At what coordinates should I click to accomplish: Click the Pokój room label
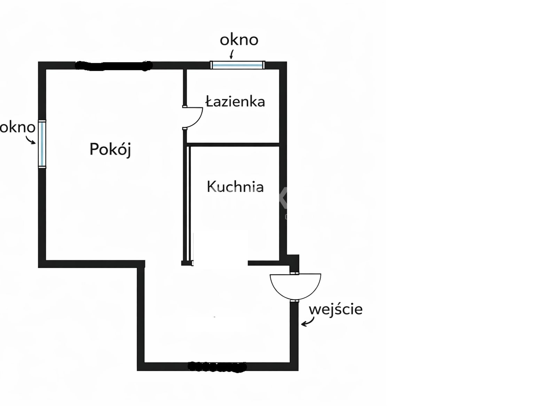point(110,150)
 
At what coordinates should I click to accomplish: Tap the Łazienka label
point(235,101)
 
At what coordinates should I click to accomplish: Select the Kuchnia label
point(235,187)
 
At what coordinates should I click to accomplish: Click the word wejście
point(336,309)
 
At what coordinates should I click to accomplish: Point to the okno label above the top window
point(239,40)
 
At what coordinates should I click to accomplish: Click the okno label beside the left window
point(17,127)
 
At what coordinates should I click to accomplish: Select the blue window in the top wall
point(237,65)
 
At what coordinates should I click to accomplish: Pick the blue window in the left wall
point(42,144)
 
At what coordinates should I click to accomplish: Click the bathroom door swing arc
point(195,118)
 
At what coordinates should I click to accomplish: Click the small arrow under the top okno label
point(232,54)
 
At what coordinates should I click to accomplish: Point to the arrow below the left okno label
point(31,140)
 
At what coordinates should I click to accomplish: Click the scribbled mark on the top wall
point(113,66)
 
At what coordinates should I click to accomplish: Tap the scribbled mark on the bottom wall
point(217,367)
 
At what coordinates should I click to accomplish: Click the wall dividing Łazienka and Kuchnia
point(233,143)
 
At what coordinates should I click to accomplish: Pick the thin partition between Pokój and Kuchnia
point(188,202)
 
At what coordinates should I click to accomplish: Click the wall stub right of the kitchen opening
point(263,263)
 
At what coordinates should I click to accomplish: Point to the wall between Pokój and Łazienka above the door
point(185,87)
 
